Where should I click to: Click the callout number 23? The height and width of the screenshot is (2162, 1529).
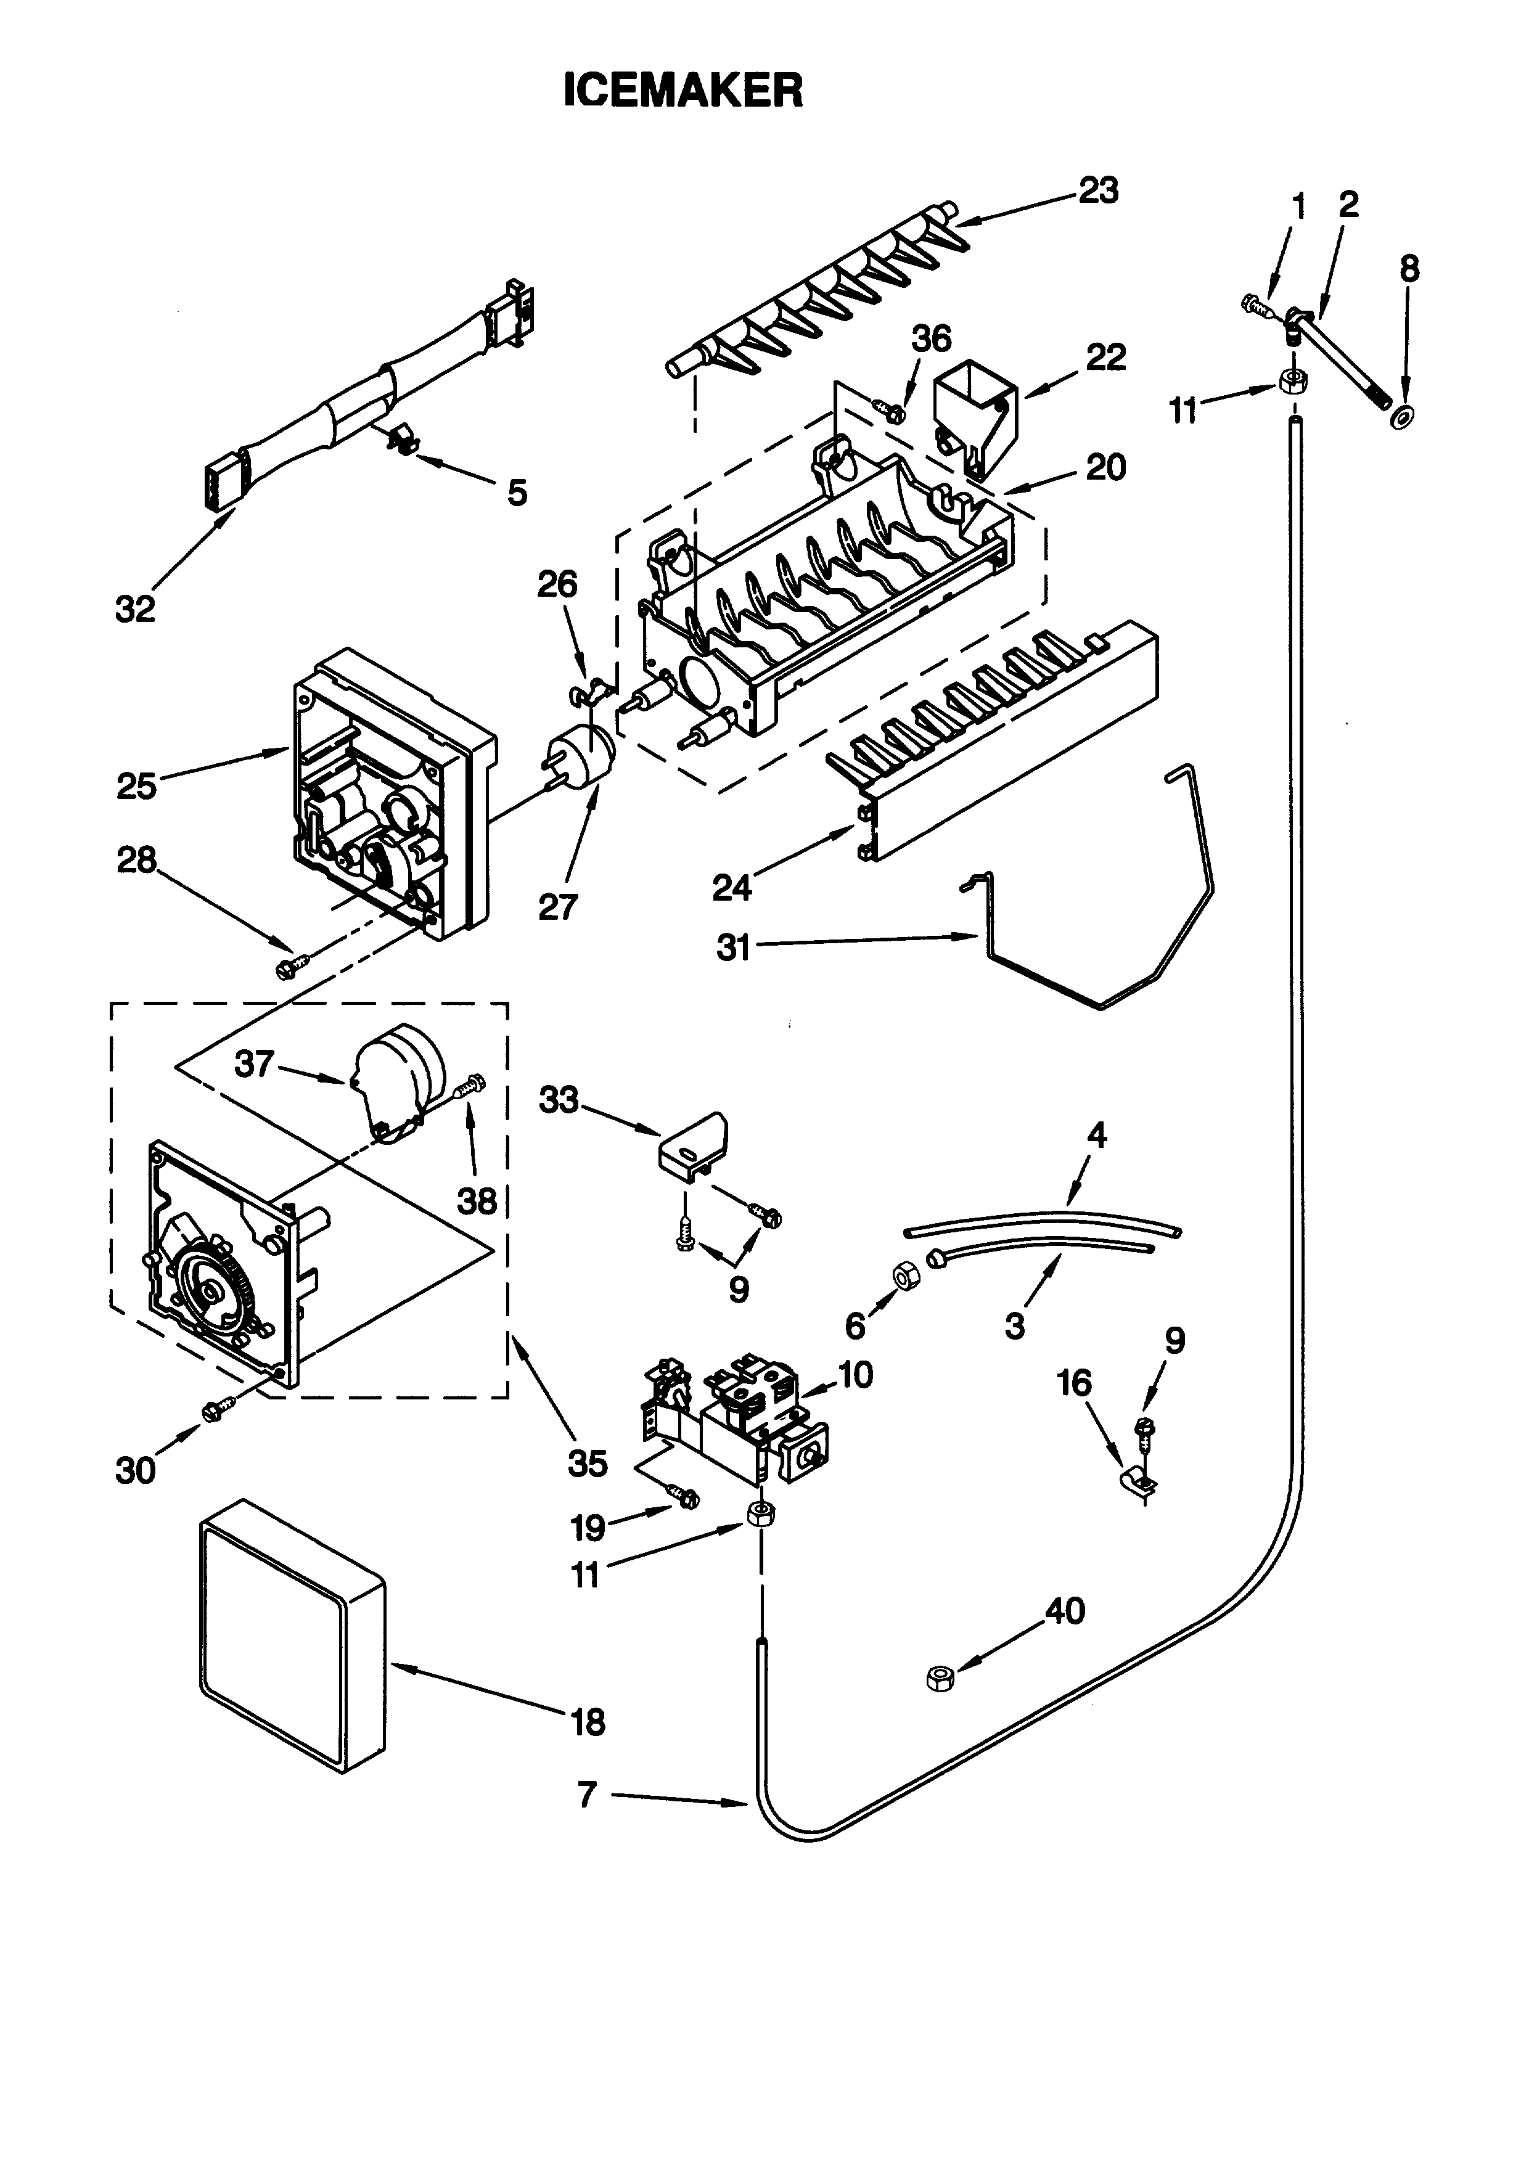coord(1098,190)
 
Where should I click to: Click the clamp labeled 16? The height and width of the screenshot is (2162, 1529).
coord(1138,1481)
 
